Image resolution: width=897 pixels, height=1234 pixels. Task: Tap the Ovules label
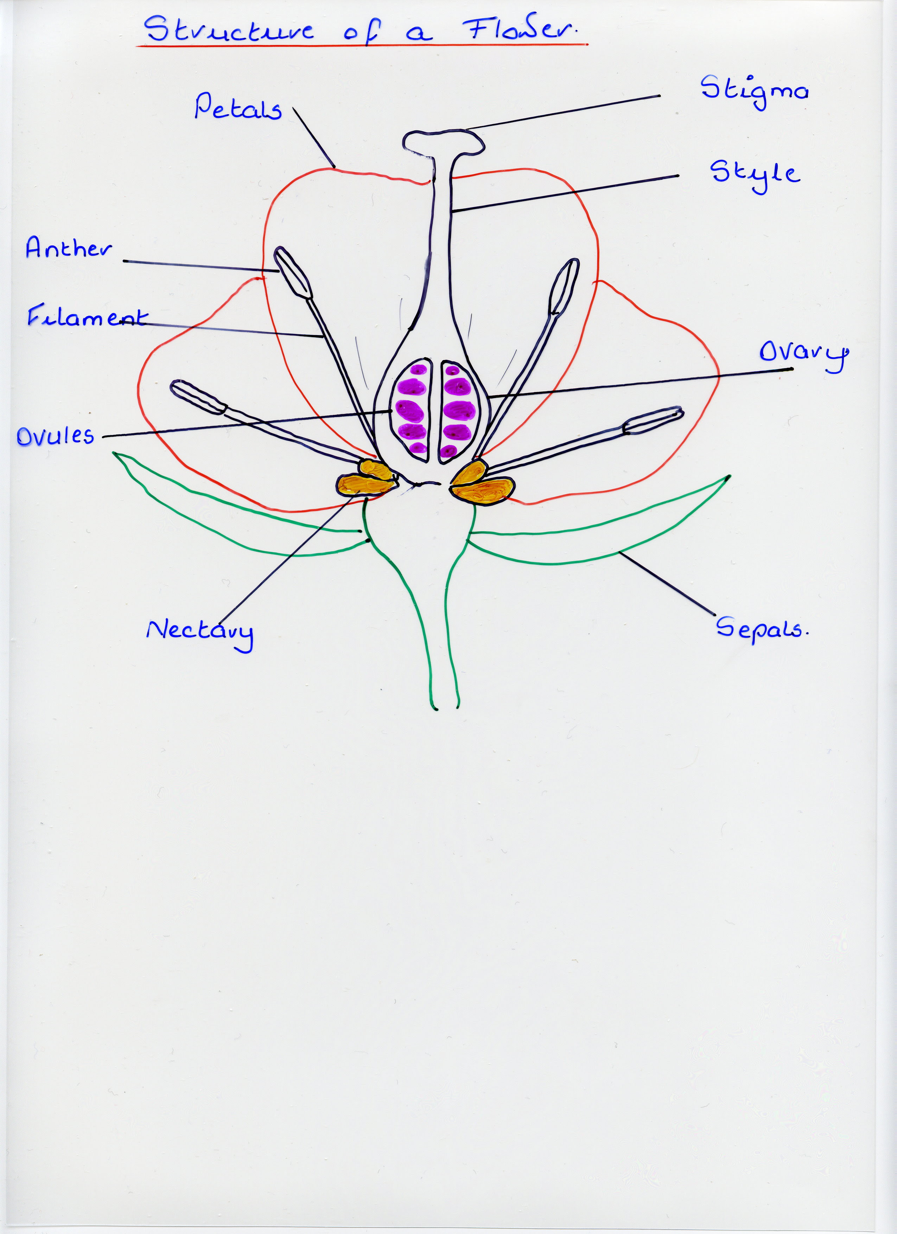click(55, 435)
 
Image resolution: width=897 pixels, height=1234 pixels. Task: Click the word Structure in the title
click(229, 30)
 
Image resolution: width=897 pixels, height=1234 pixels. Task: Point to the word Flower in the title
click(520, 30)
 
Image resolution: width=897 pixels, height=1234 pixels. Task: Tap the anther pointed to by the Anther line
click(293, 272)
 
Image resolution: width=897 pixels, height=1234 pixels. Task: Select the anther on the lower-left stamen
click(198, 397)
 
